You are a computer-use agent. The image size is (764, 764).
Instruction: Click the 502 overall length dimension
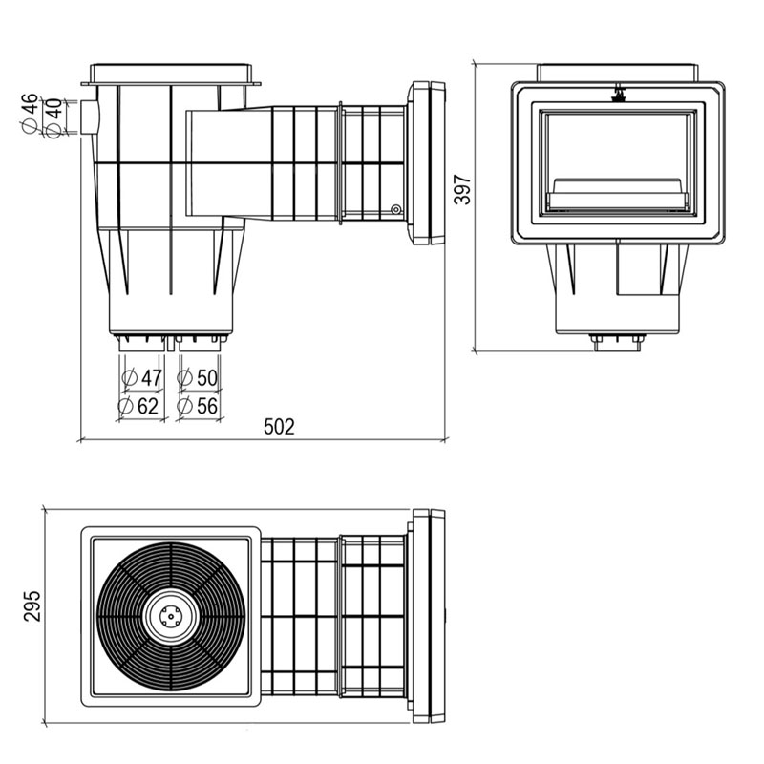point(279,426)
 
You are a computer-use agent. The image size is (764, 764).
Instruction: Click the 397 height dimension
point(463,189)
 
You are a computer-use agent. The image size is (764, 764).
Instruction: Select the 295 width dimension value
point(32,605)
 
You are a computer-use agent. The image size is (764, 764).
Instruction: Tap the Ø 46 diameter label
point(30,113)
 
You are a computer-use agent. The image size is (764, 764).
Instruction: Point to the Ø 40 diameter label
point(54,118)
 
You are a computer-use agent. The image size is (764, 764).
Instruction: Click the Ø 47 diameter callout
point(141,377)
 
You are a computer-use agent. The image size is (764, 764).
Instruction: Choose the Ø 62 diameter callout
point(138,405)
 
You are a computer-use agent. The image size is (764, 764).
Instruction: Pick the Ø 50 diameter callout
point(198,377)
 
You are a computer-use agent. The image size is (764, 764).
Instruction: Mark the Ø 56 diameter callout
point(198,405)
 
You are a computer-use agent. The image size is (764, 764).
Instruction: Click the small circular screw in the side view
point(396,209)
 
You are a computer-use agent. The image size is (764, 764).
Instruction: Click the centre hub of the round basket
point(172,616)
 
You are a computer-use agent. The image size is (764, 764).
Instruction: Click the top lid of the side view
point(171,74)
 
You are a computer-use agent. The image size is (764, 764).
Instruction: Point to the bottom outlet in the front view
point(617,342)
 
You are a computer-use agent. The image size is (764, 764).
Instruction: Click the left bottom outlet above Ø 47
point(141,342)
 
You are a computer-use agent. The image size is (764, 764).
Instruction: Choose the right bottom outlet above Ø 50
point(200,342)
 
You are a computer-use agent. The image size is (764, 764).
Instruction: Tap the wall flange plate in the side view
point(426,162)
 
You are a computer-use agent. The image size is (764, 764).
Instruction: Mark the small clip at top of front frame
point(619,94)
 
